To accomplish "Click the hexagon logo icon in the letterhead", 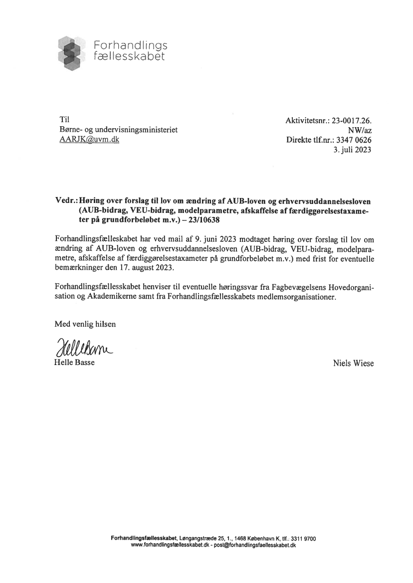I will pyautogui.click(x=73, y=53).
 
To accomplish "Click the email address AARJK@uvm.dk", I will pyautogui.click(x=89, y=140).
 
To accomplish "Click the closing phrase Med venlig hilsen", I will pyautogui.click(x=85, y=324).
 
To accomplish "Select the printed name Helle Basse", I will pyautogui.click(x=74, y=363).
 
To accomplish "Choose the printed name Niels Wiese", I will pyautogui.click(x=353, y=364).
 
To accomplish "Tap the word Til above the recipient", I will pyautogui.click(x=64, y=120).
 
